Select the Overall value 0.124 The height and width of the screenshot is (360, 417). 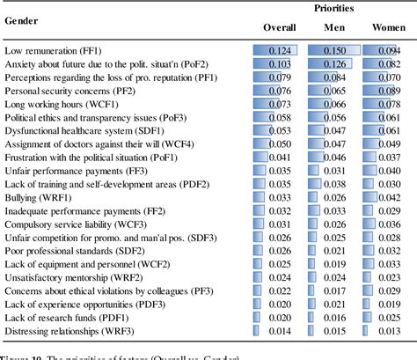pyautogui.click(x=281, y=52)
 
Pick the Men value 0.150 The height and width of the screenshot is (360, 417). pyautogui.click(x=336, y=52)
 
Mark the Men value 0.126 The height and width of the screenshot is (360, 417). pyautogui.click(x=336, y=65)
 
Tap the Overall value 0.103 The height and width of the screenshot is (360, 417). pyautogui.click(x=281, y=65)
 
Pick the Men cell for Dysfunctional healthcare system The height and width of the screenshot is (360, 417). pyautogui.click(x=336, y=132)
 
